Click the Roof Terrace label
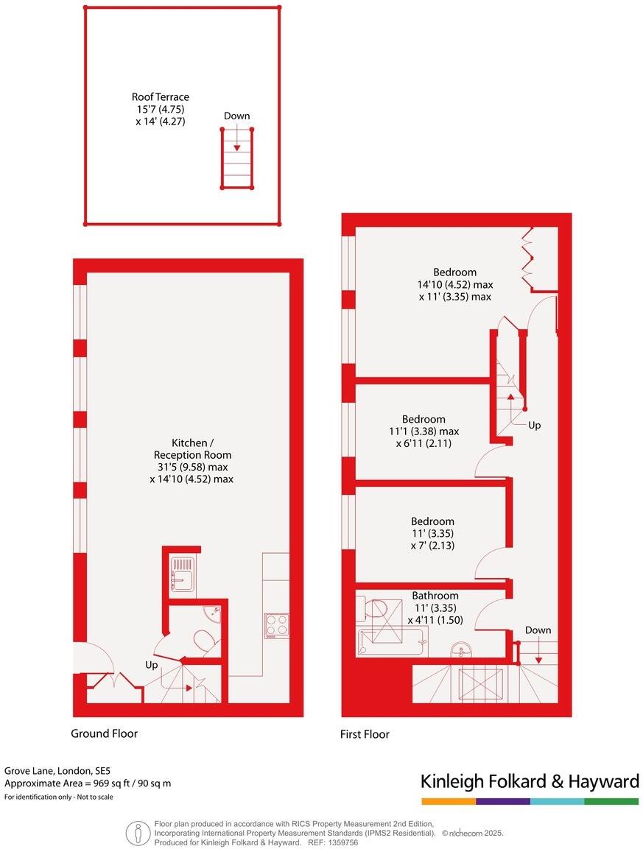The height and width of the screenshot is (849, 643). click(160, 96)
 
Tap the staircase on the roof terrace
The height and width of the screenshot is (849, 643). click(237, 158)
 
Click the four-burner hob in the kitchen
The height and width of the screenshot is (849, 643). click(276, 625)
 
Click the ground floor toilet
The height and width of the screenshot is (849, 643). click(205, 641)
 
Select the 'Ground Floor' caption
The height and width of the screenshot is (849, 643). click(104, 733)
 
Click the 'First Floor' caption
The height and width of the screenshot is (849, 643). click(365, 734)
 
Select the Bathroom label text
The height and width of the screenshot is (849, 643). click(435, 596)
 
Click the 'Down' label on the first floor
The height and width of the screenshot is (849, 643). click(538, 630)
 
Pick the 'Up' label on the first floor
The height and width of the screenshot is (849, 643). click(535, 426)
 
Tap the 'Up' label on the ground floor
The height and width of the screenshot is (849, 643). click(152, 665)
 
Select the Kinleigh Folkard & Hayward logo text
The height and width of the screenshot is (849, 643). click(530, 781)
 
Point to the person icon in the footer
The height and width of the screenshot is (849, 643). click(137, 833)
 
